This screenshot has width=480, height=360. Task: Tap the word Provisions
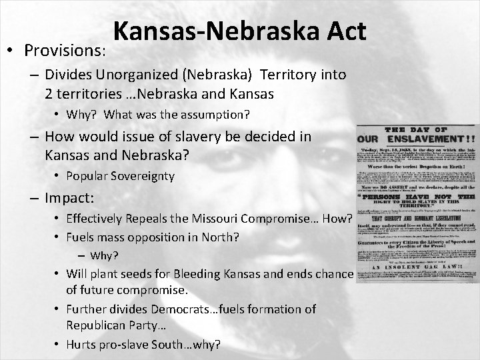[63, 51]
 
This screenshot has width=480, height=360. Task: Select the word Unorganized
[139, 75]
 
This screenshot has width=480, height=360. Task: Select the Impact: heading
[68, 198]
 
